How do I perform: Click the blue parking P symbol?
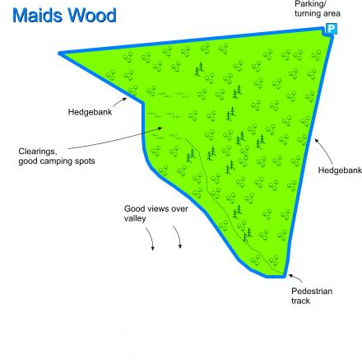[331, 29]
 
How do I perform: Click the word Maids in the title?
[38, 16]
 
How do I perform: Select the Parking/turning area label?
[318, 9]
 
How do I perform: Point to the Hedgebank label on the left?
[90, 112]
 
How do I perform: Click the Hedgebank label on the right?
[340, 170]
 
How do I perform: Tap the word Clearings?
[38, 152]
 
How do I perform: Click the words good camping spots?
[57, 161]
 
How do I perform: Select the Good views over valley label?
[156, 213]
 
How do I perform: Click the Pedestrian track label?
[312, 296]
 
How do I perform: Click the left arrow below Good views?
[151, 238]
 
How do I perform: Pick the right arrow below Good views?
[179, 236]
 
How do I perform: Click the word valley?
[135, 218]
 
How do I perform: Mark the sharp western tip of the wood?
[59, 54]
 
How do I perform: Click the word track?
[300, 301]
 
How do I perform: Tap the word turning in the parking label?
[306, 13]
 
